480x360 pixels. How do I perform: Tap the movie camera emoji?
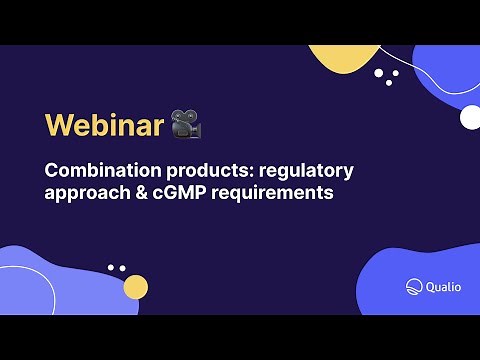[x=185, y=123]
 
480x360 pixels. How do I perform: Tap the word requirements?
[x=281, y=193]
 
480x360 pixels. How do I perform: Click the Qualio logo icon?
[x=415, y=286]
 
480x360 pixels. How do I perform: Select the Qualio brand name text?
[x=444, y=286]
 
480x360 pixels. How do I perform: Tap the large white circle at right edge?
[x=470, y=117]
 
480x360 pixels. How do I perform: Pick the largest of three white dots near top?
[x=380, y=72]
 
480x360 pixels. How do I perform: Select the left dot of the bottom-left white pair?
[x=111, y=267]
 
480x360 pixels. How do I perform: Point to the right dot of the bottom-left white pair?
[x=122, y=268]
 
